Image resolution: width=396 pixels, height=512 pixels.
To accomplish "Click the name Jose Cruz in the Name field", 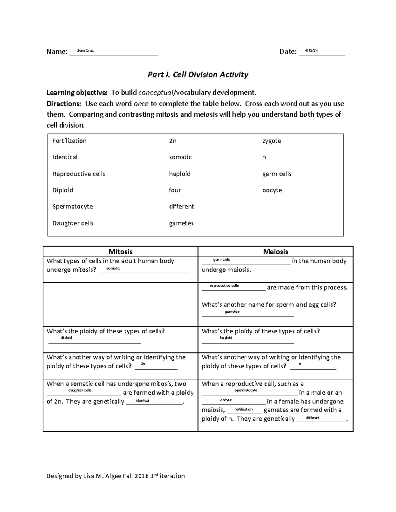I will click(85, 50).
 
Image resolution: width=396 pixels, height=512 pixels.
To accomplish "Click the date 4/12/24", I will click(311, 50).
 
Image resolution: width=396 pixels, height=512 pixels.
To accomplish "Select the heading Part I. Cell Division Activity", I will click(198, 75).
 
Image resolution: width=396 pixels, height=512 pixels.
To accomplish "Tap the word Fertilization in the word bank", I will click(69, 141).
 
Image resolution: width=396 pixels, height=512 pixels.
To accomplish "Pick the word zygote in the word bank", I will click(271, 141).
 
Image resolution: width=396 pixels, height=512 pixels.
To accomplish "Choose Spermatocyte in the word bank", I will click(73, 206).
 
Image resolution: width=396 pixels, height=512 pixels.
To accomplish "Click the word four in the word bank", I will click(175, 190).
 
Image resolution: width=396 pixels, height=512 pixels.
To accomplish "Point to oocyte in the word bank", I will click(272, 190).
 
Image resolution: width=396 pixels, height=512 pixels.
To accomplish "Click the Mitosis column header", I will click(120, 252).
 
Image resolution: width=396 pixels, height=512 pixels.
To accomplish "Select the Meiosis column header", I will click(276, 252).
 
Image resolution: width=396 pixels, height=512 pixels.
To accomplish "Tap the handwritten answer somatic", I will click(113, 268).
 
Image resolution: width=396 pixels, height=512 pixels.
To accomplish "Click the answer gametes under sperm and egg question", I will click(232, 312).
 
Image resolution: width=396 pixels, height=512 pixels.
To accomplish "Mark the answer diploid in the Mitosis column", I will click(66, 338).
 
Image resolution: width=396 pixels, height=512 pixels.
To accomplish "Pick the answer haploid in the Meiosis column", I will click(226, 338).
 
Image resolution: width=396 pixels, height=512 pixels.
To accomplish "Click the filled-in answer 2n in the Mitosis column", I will click(143, 364).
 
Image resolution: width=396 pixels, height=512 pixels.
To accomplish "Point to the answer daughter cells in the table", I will click(80, 390).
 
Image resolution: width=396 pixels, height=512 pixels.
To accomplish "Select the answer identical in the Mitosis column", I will click(142, 400).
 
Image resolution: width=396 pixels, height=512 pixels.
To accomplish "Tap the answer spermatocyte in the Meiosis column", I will click(246, 390).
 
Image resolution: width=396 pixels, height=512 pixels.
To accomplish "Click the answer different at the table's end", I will click(313, 418).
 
